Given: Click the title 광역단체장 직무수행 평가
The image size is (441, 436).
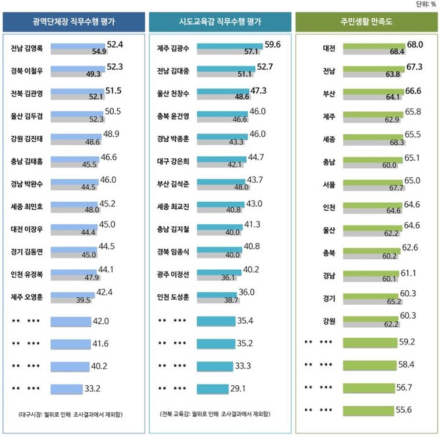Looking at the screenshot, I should [x=73, y=22].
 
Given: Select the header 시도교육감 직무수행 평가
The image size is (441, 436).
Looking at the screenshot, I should [x=220, y=22].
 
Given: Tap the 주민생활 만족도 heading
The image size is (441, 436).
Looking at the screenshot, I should [x=367, y=22].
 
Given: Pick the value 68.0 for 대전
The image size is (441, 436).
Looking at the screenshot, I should [x=415, y=44].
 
